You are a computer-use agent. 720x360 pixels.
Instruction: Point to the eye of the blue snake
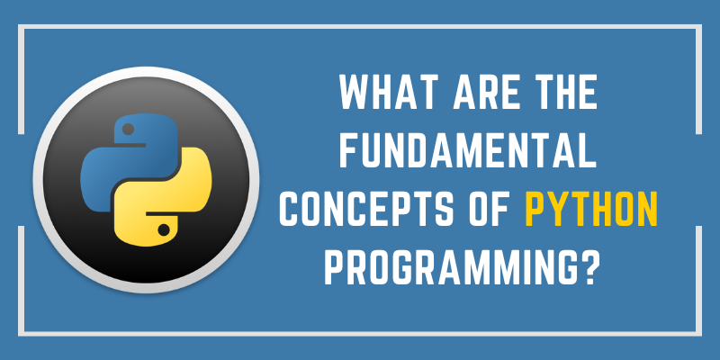coord(127,128)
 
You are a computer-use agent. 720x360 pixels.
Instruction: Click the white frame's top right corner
coord(698,28)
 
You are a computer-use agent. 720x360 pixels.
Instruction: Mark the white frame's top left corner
coord(22,28)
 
